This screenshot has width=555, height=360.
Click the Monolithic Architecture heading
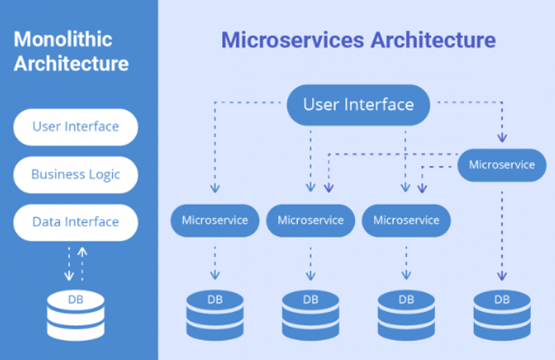72,52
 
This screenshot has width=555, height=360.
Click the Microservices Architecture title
358,41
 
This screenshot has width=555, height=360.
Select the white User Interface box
75,127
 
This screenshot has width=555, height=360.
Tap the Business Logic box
75,175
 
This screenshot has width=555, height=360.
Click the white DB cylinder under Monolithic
75,316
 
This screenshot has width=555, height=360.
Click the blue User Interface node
358,104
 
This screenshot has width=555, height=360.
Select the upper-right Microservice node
501,165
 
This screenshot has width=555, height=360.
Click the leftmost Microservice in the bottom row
214,220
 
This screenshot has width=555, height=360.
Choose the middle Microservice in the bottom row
310,220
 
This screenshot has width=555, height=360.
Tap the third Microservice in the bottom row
406,220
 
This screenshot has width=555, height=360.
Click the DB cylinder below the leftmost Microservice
214,316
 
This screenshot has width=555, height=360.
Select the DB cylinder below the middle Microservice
310,316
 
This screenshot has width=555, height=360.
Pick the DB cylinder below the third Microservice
406,316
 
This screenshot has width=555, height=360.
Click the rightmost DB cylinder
501,316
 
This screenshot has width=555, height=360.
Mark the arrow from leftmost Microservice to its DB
214,263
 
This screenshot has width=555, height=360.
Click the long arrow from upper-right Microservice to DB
501,235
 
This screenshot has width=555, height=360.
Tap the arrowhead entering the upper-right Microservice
501,138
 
